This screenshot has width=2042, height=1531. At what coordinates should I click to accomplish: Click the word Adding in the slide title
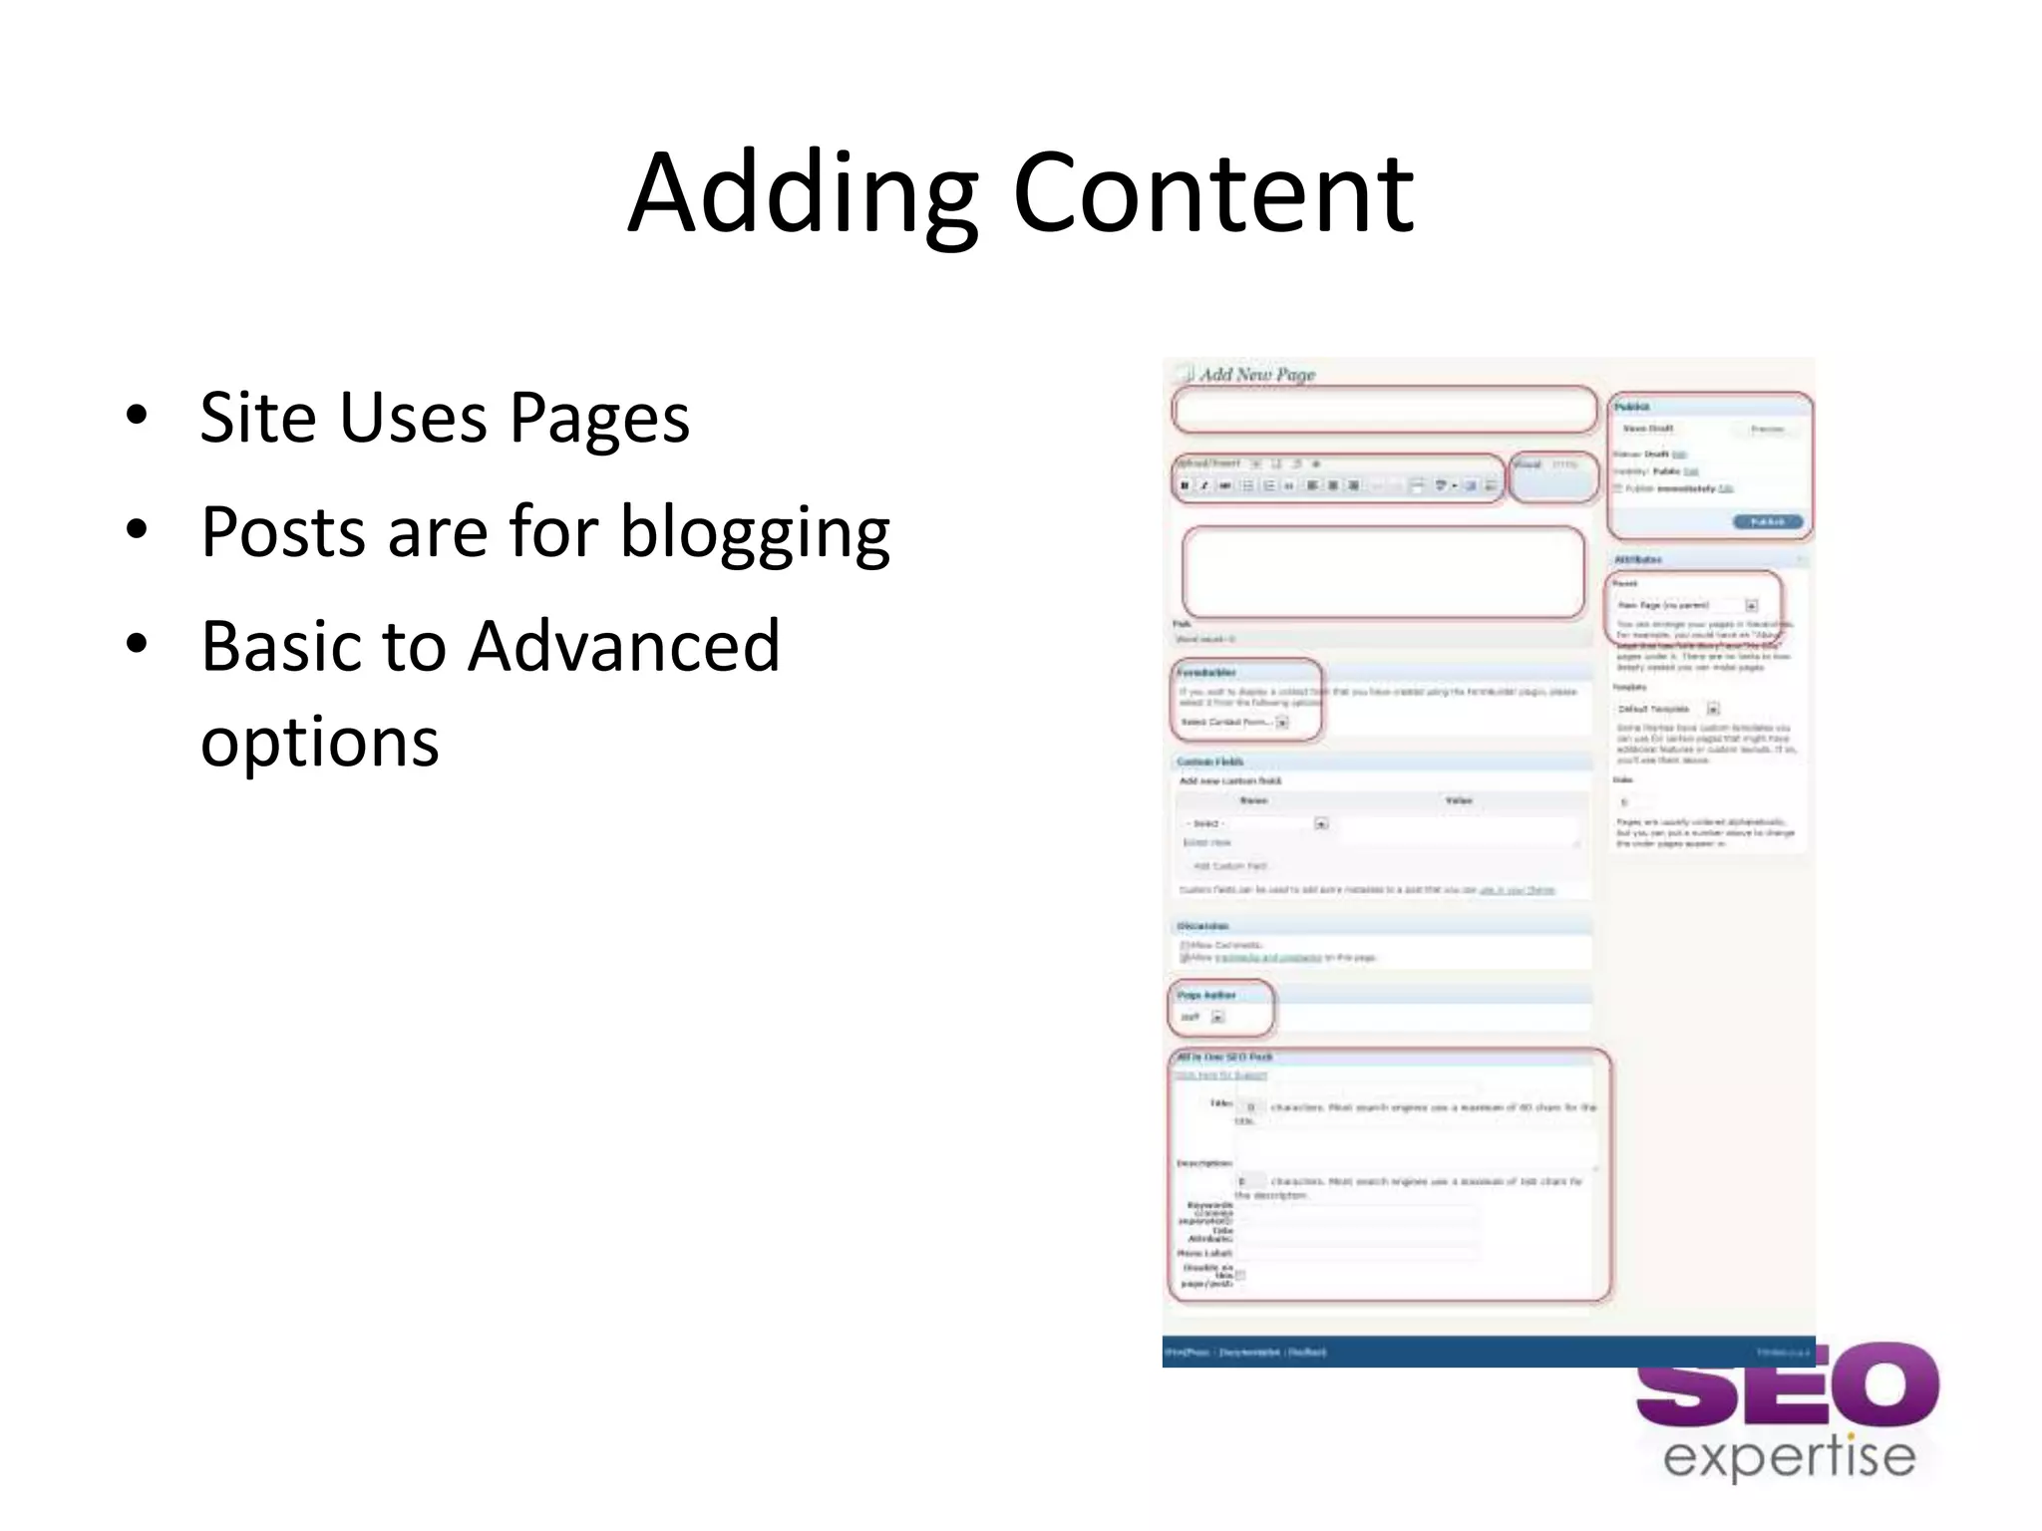[803, 194]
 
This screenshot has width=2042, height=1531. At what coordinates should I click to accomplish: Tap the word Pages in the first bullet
[599, 419]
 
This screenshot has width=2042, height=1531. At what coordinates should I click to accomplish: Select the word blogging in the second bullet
[755, 533]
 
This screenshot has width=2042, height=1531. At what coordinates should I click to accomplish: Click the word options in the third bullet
[319, 743]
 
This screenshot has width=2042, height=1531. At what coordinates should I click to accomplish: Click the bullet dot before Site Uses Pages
[137, 416]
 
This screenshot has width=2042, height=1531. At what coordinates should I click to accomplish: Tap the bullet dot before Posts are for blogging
[137, 529]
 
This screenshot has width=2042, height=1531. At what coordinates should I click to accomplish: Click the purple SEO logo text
[1787, 1387]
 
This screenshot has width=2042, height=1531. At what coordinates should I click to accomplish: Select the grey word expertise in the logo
[1789, 1458]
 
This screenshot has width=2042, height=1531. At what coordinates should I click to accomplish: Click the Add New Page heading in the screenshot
[1256, 375]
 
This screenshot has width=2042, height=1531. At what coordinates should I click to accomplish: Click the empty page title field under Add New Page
[1384, 410]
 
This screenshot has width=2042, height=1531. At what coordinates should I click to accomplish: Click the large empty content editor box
[1383, 573]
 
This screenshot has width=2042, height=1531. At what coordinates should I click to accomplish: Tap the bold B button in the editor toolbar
[1185, 485]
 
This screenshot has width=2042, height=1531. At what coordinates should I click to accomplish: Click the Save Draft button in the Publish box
[1647, 429]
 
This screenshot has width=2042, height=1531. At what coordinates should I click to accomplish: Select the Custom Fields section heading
[1209, 762]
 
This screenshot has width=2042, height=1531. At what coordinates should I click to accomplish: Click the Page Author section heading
[1205, 995]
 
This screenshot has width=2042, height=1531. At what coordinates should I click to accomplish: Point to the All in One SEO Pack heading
[1224, 1057]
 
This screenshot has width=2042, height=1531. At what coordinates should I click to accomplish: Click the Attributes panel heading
[1637, 560]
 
